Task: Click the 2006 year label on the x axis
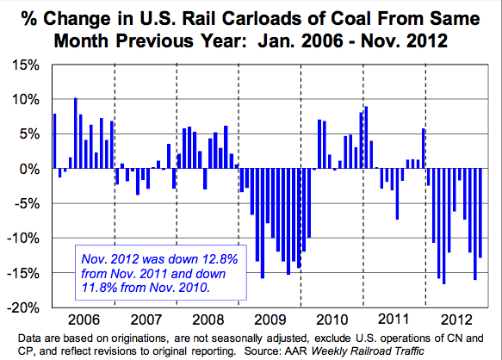(83, 315)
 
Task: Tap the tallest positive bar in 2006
(76, 133)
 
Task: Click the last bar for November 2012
(480, 213)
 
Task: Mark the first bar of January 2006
(55, 141)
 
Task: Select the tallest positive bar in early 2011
(366, 138)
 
